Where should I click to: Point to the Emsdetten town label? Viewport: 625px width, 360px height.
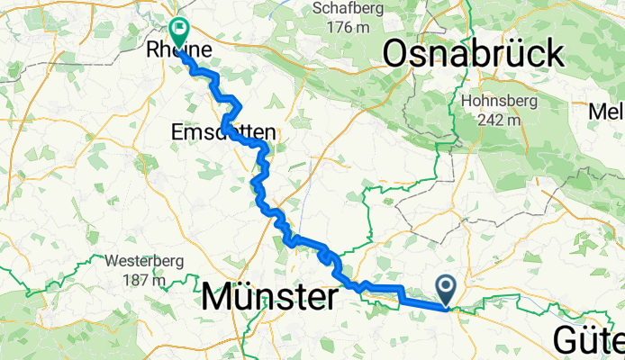[223, 132]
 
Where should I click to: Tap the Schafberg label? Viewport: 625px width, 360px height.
[342, 8]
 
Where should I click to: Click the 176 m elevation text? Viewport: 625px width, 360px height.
[342, 27]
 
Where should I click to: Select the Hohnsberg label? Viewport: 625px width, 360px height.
[496, 101]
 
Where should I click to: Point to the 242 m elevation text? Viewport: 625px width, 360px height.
[496, 119]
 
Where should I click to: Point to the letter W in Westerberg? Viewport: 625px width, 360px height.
[110, 262]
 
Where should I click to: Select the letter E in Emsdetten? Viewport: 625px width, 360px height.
[176, 132]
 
